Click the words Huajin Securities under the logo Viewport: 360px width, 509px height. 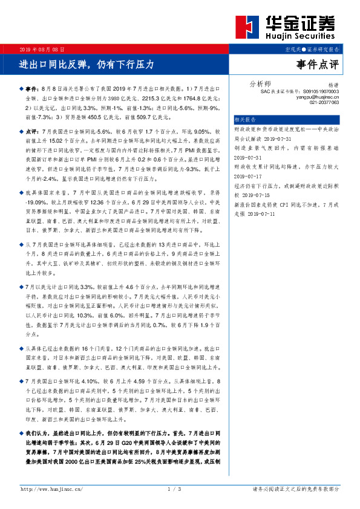[x=301, y=37]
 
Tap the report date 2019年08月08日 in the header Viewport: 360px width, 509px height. [x=42, y=48]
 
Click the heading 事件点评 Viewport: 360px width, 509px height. [x=318, y=63]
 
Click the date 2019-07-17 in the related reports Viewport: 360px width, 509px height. [x=252, y=177]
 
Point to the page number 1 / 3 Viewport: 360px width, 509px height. [x=174, y=488]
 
